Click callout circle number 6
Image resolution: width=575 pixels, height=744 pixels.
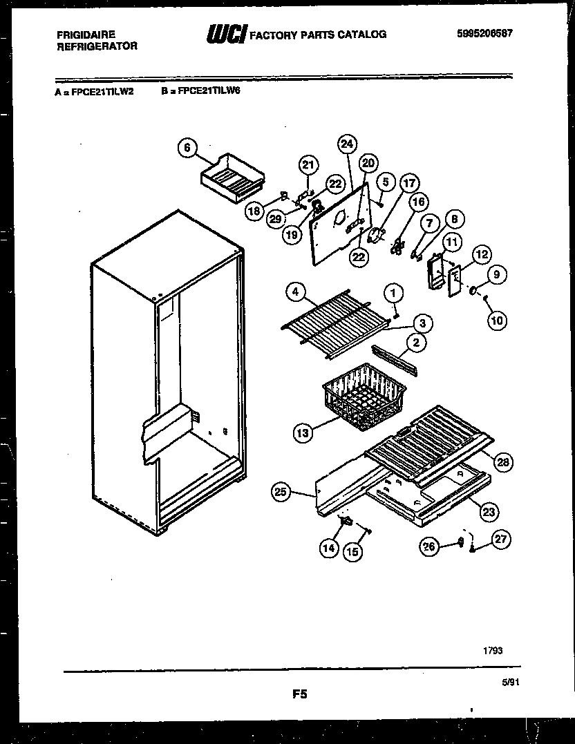click(187, 148)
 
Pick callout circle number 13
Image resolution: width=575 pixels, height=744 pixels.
click(301, 433)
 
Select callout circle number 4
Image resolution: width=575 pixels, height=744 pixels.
click(296, 292)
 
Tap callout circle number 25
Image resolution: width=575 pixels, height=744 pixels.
click(281, 493)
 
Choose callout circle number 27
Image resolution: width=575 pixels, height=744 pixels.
click(502, 541)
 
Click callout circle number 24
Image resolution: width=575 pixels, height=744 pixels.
click(348, 144)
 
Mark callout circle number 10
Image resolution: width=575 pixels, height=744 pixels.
click(497, 320)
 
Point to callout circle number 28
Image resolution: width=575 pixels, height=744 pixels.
click(503, 463)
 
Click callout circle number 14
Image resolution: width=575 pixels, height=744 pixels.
click(328, 549)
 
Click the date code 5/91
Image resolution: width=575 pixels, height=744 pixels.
click(509, 682)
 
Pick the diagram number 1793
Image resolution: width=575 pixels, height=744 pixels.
click(493, 650)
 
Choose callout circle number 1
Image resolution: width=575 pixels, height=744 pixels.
click(393, 293)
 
